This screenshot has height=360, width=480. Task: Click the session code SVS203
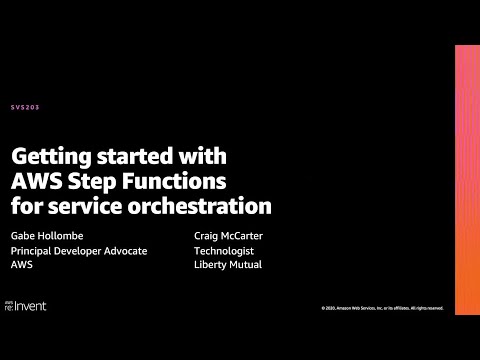coord(27,107)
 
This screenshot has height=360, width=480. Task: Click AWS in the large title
coord(37,181)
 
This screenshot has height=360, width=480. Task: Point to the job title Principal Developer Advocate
coord(79,251)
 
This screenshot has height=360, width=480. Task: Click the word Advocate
coord(125,251)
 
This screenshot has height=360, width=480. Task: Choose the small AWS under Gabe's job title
coord(22,266)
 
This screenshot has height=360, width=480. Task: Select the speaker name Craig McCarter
coord(229,236)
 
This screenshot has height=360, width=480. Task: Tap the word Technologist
coord(225,251)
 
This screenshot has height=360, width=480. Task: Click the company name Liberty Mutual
coord(228,266)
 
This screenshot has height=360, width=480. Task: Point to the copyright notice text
coord(383,308)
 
